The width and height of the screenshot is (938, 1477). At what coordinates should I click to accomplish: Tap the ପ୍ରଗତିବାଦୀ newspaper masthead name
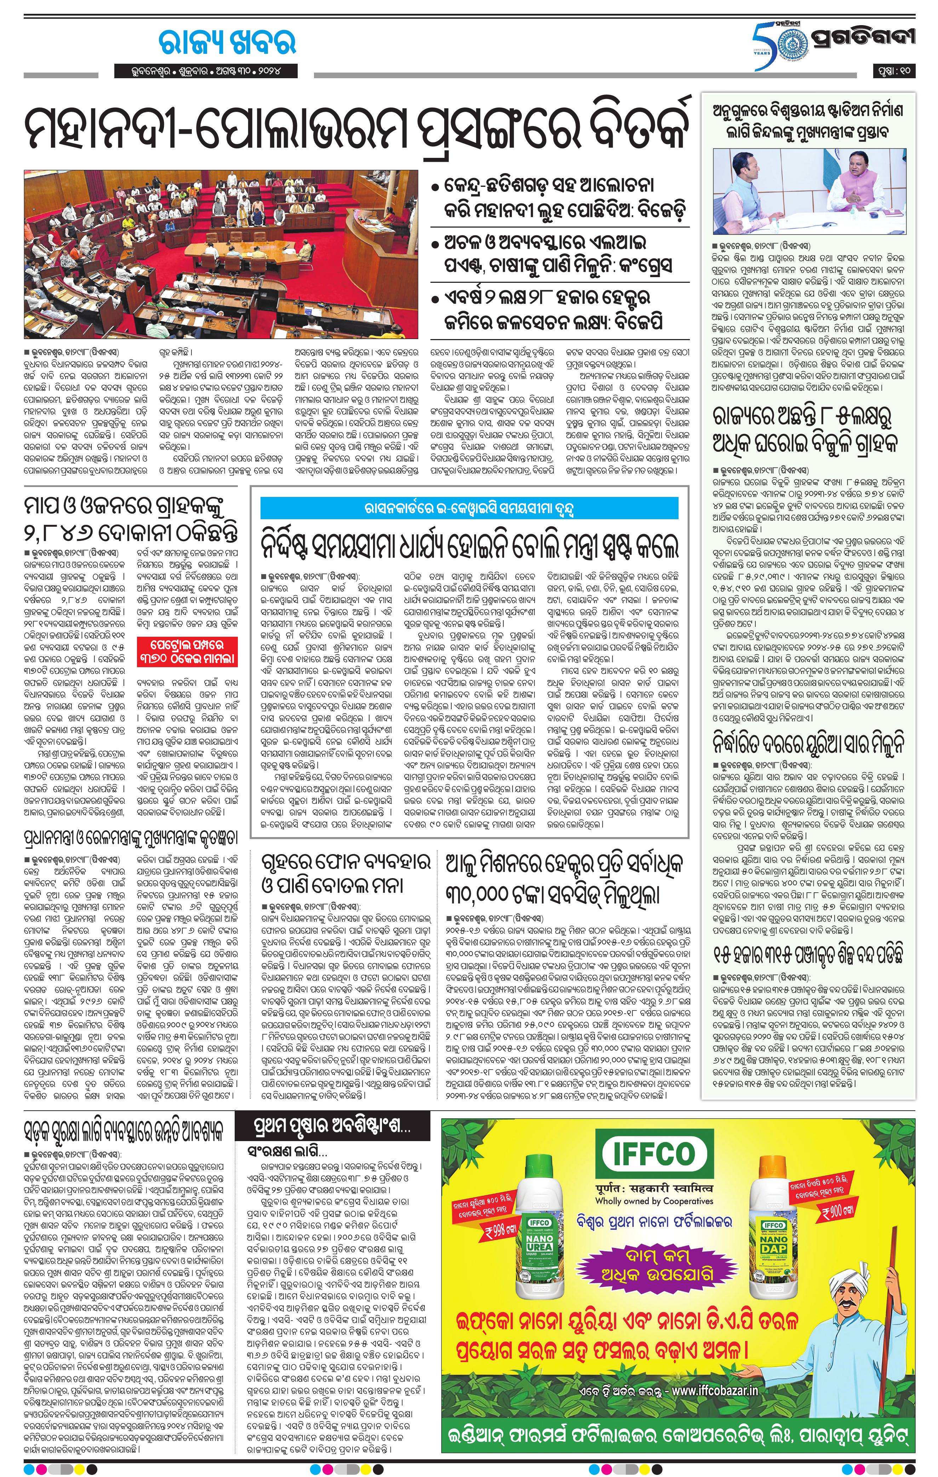coord(862,38)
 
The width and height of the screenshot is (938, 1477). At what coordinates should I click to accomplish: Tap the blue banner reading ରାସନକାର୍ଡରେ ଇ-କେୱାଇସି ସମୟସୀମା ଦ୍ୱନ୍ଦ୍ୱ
coord(469,509)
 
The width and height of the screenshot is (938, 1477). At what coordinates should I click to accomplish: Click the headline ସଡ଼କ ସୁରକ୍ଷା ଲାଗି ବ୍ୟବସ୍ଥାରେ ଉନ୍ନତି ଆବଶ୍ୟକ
coord(123,1129)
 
